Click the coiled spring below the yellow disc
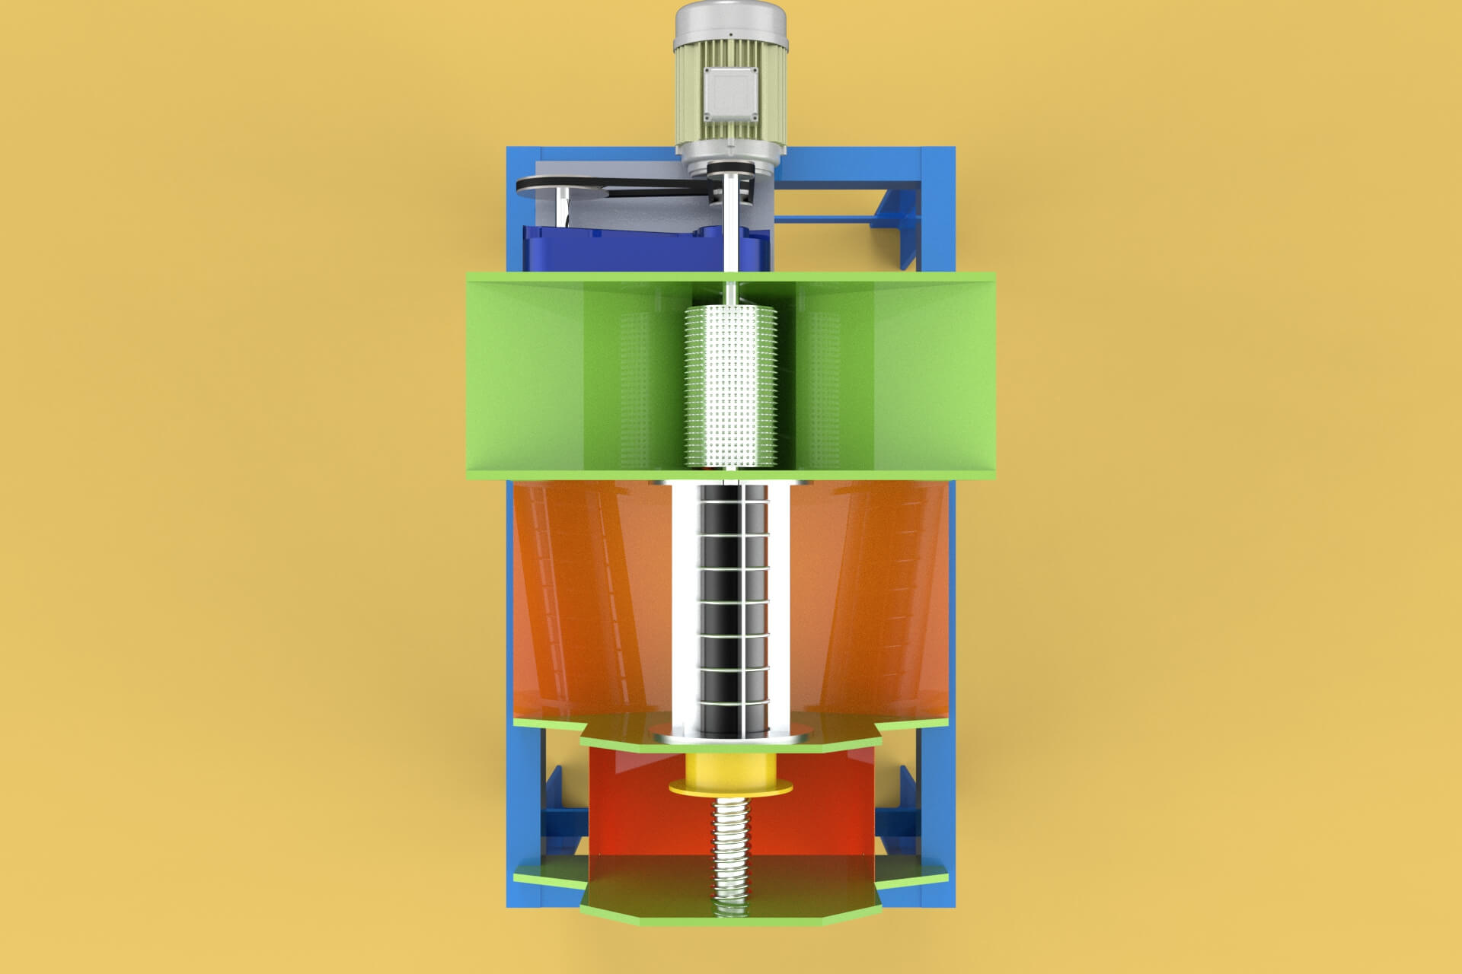coord(731,852)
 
